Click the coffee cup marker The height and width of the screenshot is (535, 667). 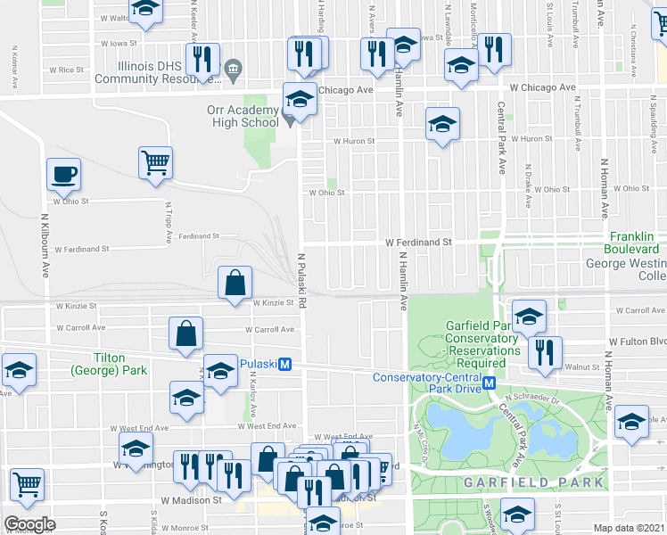[64, 174]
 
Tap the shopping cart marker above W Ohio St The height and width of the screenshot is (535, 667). [155, 163]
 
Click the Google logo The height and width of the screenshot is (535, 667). [30, 524]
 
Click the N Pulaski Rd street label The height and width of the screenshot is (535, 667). [302, 279]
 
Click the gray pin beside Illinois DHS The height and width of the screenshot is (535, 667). [233, 67]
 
